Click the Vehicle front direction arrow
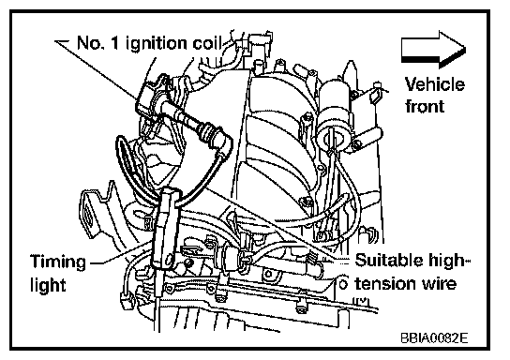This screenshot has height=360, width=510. pyautogui.click(x=433, y=50)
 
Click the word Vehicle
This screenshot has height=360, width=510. pyautogui.click(x=435, y=84)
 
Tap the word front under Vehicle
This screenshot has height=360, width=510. pyautogui.click(x=425, y=106)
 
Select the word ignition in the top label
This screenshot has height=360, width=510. pyautogui.click(x=157, y=44)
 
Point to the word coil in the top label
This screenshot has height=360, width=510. pyautogui.click(x=206, y=43)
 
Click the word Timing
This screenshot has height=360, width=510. pyautogui.click(x=58, y=262)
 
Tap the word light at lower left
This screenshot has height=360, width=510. pyautogui.click(x=48, y=285)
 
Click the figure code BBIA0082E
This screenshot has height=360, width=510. pyautogui.click(x=434, y=338)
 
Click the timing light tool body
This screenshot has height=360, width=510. pyautogui.click(x=165, y=229)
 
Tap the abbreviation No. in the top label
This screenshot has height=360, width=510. pyautogui.click(x=90, y=43)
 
